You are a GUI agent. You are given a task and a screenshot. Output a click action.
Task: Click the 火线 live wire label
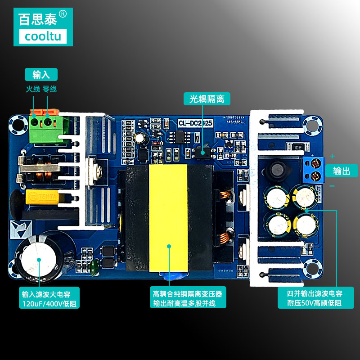click(33, 89)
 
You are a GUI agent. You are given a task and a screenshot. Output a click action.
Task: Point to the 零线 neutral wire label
click(49, 89)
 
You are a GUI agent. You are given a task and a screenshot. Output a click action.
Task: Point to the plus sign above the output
click(333, 156)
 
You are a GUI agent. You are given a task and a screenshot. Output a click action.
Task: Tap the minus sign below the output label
click(332, 185)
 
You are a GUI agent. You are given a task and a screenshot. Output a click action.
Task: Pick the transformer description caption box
click(187, 298)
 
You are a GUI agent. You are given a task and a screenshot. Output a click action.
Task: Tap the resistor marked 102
click(297, 147)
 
